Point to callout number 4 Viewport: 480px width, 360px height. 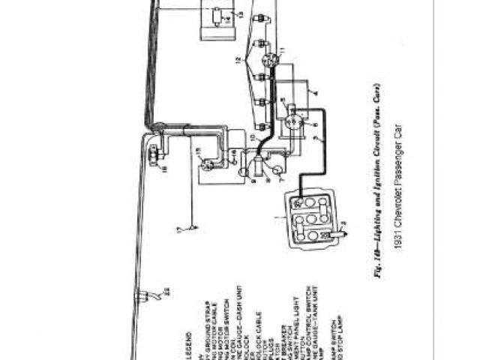pyautogui.click(x=314, y=93)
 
